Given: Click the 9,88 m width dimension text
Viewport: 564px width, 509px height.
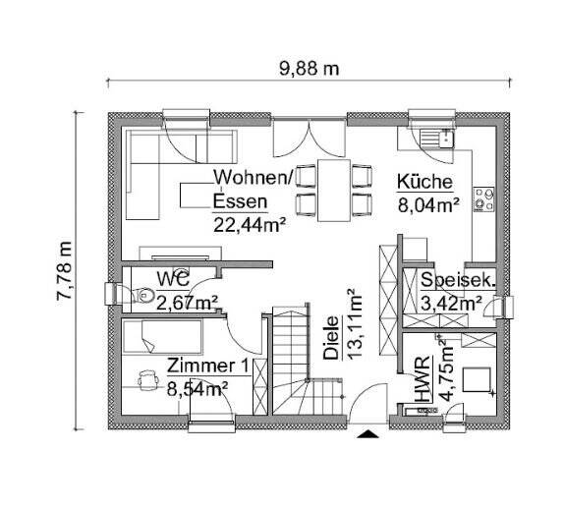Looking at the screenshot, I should click(x=310, y=68).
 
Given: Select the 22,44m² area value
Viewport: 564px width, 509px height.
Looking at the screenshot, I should click(x=250, y=224).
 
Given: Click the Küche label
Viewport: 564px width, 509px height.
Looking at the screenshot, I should click(x=423, y=182).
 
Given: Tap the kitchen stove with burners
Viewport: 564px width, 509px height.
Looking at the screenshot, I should click(x=482, y=199).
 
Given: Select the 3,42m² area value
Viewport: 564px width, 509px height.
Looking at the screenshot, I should click(x=451, y=304).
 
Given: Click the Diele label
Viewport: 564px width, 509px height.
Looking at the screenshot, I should click(x=330, y=337).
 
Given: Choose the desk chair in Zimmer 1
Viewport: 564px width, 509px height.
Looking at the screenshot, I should click(x=148, y=377).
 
